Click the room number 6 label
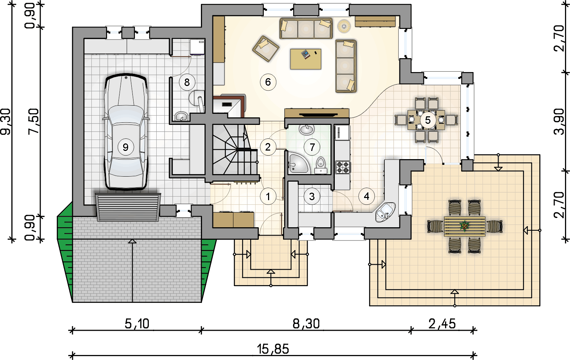(268, 82)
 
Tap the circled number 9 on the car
(125, 147)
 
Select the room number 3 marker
(312, 196)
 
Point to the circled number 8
(187, 82)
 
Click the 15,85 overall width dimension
(273, 349)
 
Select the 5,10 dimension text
(137, 324)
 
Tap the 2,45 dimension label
(442, 324)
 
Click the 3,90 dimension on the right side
(559, 121)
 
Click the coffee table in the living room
(306, 59)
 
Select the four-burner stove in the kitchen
(343, 167)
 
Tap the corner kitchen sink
(385, 212)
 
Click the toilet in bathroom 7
(321, 165)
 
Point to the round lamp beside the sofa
(344, 26)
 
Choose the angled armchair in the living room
(266, 49)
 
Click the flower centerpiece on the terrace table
(464, 225)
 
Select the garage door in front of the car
(128, 207)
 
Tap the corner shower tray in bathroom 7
(298, 163)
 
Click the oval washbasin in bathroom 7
(307, 130)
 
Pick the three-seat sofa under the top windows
(306, 28)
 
